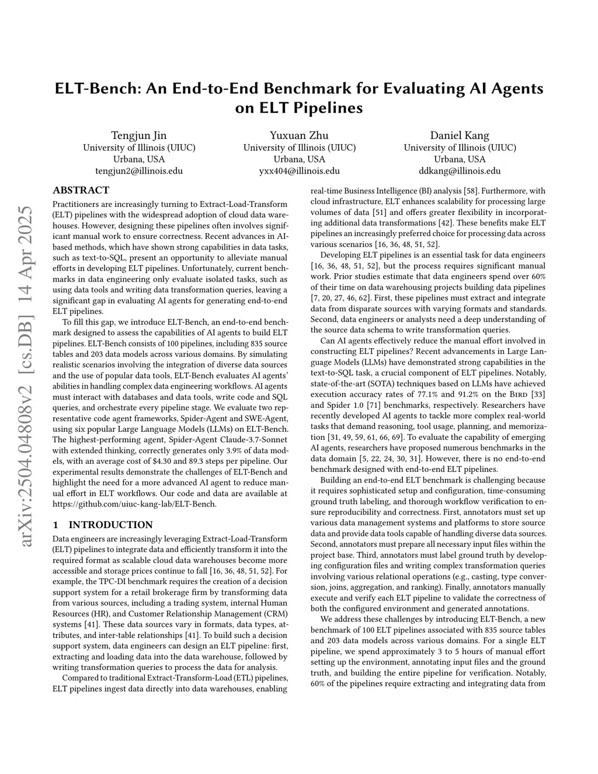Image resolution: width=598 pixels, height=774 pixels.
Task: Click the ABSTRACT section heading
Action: [81, 190]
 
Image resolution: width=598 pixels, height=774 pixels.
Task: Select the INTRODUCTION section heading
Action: [110, 525]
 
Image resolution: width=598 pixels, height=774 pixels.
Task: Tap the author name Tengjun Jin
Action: [139, 136]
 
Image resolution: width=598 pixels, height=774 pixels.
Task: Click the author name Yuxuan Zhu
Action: [299, 136]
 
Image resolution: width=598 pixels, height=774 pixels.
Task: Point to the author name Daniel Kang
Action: [460, 136]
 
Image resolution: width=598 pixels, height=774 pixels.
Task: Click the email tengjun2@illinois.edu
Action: [139, 171]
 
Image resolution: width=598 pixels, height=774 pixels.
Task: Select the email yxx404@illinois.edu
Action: [299, 171]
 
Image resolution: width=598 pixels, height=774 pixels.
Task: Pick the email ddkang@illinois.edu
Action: [460, 171]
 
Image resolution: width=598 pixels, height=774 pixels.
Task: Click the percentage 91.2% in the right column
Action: [453, 394]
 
